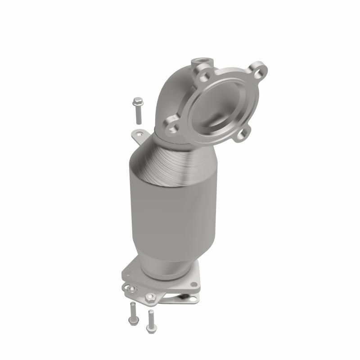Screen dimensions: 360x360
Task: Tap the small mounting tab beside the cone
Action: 138,133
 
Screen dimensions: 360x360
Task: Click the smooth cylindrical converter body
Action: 171,216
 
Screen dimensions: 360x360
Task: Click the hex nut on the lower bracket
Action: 150,297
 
